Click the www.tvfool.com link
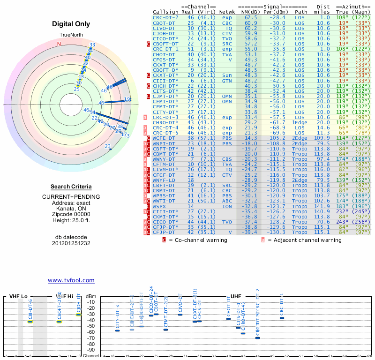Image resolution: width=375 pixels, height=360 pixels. point(71,280)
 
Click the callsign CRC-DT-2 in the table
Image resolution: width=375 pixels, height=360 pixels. point(165,17)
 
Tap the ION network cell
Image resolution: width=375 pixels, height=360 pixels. point(226,206)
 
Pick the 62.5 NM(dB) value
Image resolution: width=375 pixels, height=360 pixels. point(250,17)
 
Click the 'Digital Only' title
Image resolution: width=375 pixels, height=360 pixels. point(71,24)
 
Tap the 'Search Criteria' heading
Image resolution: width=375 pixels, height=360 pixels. point(71,187)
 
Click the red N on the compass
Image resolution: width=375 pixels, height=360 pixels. point(59,45)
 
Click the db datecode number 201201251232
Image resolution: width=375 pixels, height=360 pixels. point(71,243)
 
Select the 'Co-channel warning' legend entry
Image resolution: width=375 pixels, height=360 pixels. point(198,240)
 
